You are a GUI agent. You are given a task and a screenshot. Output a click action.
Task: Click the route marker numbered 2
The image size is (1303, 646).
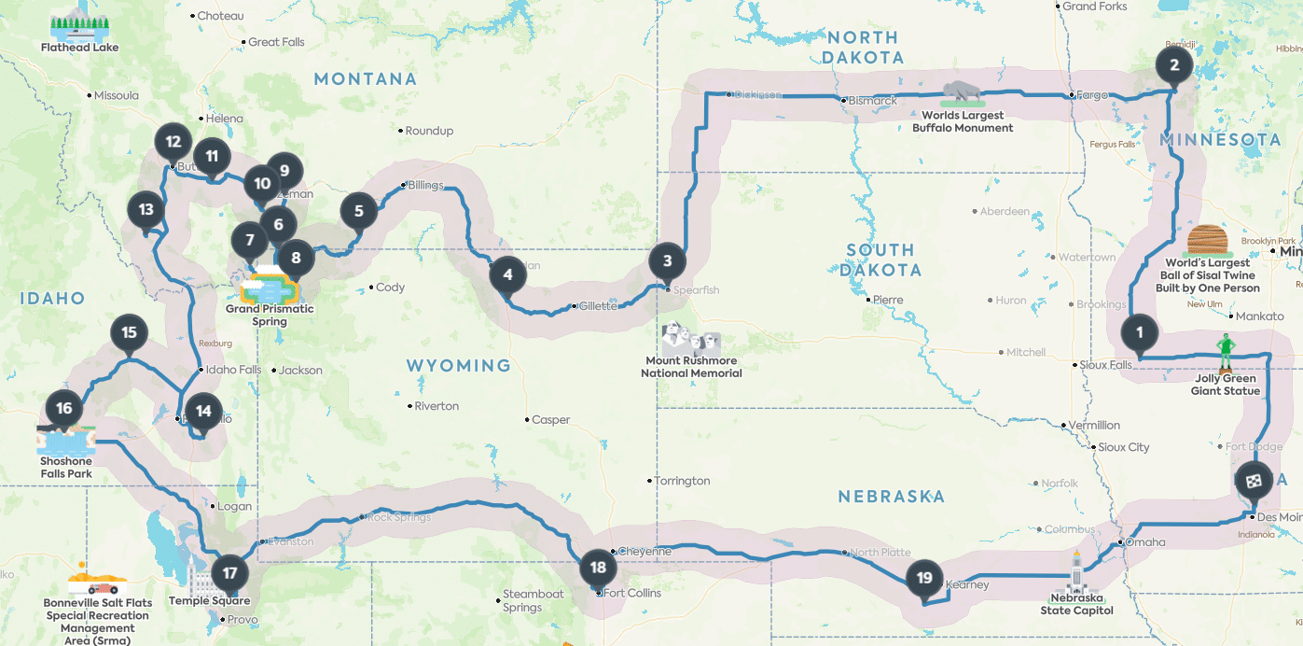pyautogui.click(x=1174, y=65)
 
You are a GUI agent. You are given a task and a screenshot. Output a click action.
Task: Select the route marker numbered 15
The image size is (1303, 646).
pyautogui.click(x=129, y=333)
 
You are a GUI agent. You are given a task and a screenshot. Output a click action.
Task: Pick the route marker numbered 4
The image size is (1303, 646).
pyautogui.click(x=507, y=274)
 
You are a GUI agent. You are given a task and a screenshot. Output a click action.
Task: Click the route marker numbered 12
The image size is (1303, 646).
pyautogui.click(x=173, y=143)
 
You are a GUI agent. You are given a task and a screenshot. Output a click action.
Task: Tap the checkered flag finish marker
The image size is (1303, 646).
pyautogui.click(x=1253, y=481)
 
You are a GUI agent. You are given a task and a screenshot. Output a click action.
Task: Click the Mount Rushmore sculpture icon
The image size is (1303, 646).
pyautogui.click(x=690, y=336)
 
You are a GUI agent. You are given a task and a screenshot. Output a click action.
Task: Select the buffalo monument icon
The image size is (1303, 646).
pyautogui.click(x=962, y=93)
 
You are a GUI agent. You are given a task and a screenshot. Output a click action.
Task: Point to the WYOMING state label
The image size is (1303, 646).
pyautogui.click(x=459, y=365)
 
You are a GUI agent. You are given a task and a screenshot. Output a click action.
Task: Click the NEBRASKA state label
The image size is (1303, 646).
pyautogui.click(x=892, y=497)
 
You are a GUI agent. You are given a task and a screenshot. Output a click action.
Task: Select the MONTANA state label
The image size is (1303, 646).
pyautogui.click(x=365, y=79)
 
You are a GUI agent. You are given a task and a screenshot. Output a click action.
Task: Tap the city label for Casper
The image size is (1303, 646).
pyautogui.click(x=550, y=420)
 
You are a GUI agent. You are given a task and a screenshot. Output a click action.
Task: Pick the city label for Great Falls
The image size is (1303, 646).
pyautogui.click(x=276, y=42)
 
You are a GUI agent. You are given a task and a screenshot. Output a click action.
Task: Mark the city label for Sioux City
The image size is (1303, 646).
pyautogui.click(x=1124, y=447)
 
